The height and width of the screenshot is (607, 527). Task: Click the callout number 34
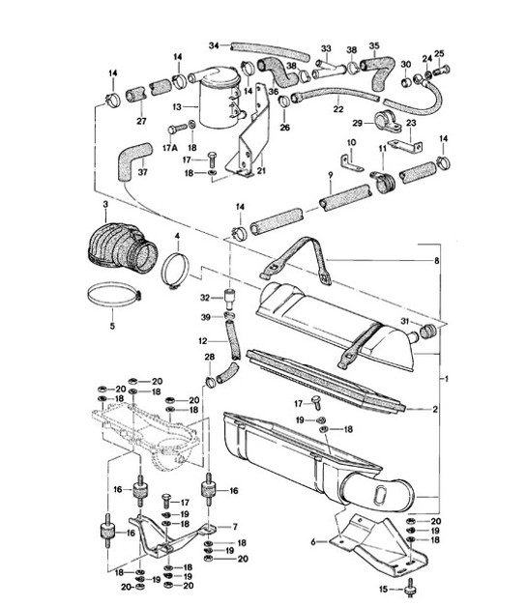tap(214, 44)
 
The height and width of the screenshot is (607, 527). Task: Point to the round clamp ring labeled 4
tap(176, 271)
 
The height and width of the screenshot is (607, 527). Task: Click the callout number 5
tap(111, 326)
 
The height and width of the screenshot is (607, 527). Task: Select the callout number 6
tap(312, 542)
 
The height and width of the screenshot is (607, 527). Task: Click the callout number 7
tap(233, 526)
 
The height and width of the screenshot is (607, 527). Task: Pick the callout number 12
tap(201, 340)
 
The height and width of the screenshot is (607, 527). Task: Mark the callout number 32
tap(206, 298)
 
